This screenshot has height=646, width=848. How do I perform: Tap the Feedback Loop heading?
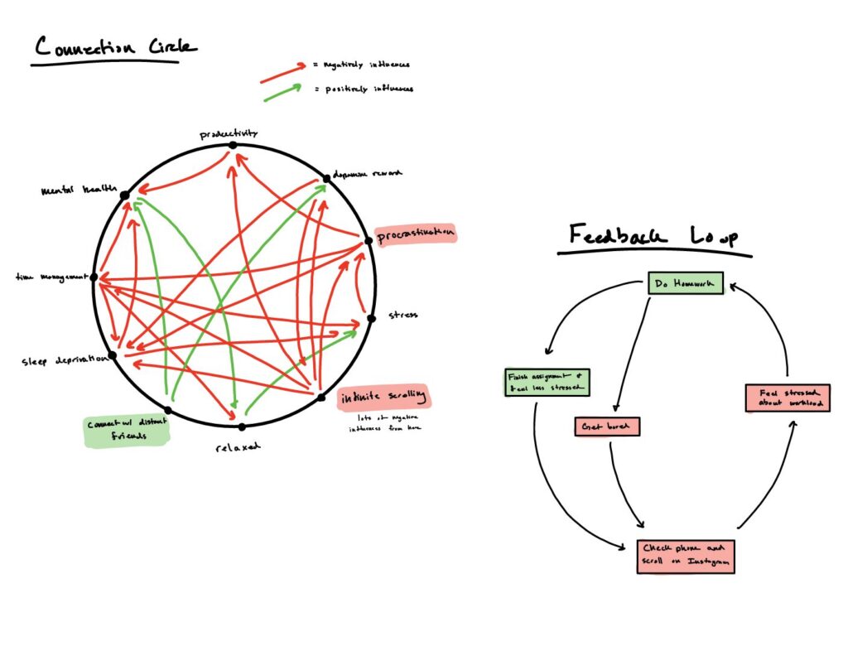653,237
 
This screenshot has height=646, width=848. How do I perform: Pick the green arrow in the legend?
284,92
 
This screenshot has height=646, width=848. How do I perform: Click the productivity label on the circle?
229,133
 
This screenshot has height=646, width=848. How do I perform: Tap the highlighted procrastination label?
416,235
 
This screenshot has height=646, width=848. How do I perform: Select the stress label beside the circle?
403,315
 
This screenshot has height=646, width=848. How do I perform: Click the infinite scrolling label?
385,398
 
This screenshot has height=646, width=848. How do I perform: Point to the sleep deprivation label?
64,361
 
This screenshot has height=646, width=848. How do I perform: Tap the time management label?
51,275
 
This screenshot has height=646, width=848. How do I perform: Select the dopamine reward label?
367,174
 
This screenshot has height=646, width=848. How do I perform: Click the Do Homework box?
686,284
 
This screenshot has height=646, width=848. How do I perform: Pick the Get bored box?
608,427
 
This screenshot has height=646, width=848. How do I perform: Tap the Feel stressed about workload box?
787,398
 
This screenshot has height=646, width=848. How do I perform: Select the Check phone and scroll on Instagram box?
686,555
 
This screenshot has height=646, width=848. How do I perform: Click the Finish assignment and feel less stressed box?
547,382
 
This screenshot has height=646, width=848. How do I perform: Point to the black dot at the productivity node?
233,145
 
